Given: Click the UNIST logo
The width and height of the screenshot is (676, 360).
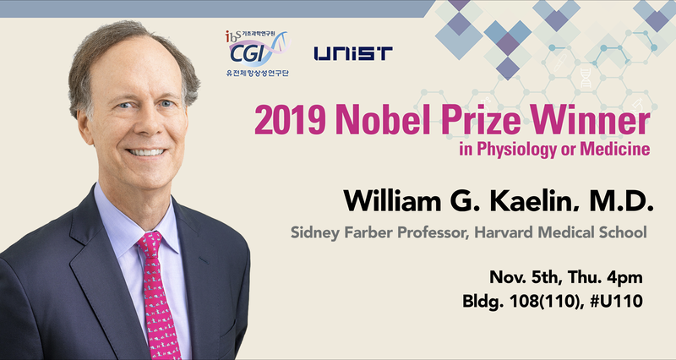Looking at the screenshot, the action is coord(353,53).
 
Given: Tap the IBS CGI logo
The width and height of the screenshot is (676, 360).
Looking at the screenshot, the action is coord(258,53).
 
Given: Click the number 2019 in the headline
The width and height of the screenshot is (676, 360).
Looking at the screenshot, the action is coord(290,121).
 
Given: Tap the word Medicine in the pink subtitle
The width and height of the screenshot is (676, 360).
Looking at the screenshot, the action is coord(615,149).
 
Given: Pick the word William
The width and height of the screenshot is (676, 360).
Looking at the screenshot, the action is coord(392,200).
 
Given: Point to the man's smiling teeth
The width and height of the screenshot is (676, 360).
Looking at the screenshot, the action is coord(146,152).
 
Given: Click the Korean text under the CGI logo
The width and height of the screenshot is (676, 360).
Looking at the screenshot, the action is coord(258,73).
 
